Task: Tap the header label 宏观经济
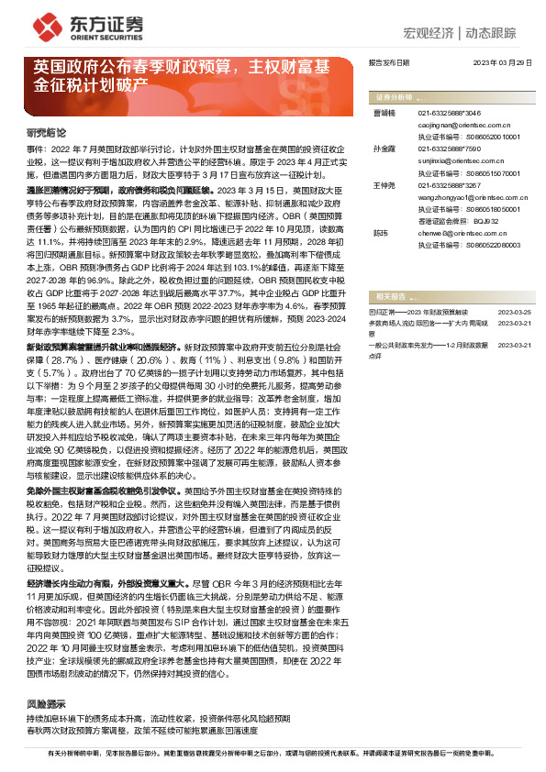point(429,34)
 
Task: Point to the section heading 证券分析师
point(394,96)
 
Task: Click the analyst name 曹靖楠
point(385,112)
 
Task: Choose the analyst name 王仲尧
point(385,186)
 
